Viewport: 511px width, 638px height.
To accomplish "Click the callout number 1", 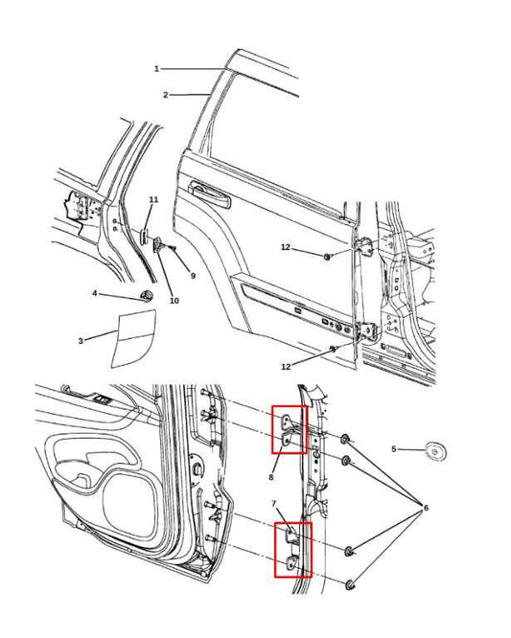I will click(156, 69).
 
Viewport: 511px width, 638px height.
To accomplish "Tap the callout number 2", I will click(165, 95).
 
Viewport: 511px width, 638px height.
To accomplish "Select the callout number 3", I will click(81, 341).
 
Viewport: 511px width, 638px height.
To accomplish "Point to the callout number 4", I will click(94, 293).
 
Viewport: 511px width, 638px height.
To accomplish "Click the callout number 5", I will click(393, 449).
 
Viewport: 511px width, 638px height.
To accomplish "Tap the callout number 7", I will click(273, 504).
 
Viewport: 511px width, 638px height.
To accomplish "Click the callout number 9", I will click(193, 276).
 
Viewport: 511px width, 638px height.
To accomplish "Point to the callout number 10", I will click(174, 301).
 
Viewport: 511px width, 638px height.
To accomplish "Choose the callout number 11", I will click(152, 199).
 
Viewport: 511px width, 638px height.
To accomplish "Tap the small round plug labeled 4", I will click(147, 293).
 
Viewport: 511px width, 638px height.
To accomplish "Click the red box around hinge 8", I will click(289, 428).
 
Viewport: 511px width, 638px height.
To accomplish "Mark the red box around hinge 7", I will click(293, 550).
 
